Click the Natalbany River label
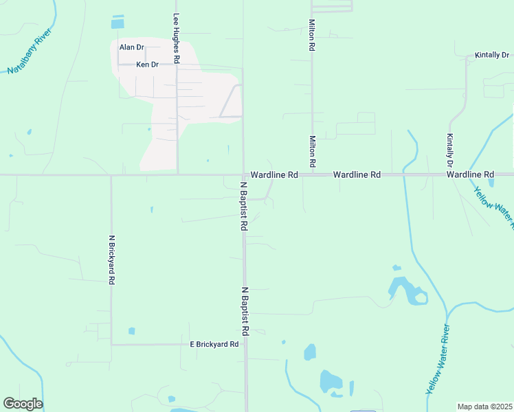click(30, 51)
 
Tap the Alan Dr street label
click(131, 47)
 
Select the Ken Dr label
click(147, 65)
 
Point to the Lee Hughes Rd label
click(177, 39)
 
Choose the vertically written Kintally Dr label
click(450, 150)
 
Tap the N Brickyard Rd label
click(111, 260)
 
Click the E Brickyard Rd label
click(214, 344)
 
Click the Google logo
click(23, 404)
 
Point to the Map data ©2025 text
click(484, 407)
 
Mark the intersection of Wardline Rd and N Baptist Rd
click(243, 175)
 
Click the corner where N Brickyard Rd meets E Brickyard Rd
click(111, 344)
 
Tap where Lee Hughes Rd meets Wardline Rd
click(177, 175)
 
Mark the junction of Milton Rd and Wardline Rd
click(312, 175)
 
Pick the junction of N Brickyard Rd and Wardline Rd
click(111, 175)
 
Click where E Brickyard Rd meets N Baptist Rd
click(245, 344)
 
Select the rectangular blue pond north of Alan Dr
click(118, 23)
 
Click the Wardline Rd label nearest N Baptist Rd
click(273, 176)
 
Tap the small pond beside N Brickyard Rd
click(131, 331)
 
